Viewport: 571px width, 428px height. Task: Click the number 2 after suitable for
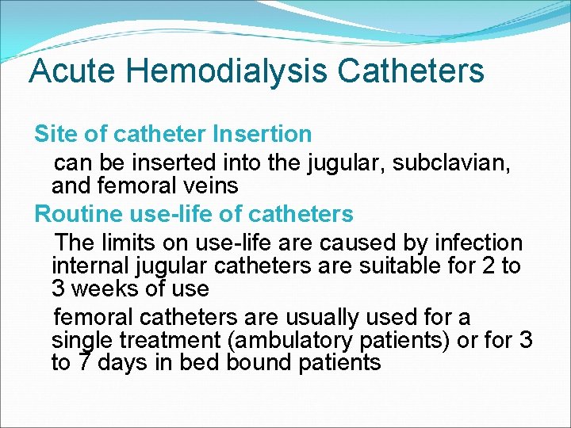489,266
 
